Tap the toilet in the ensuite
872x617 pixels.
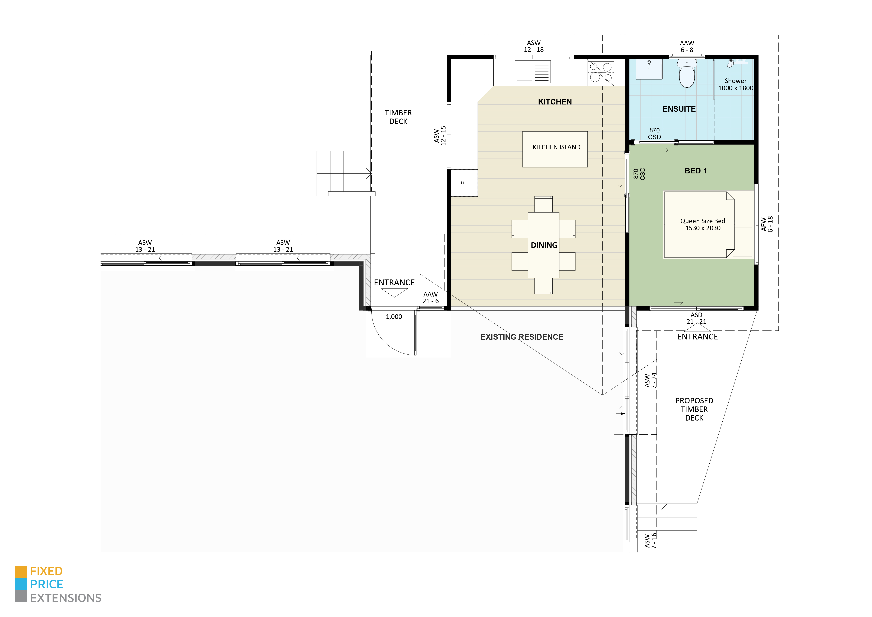click(687, 74)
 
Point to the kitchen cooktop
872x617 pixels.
click(600, 72)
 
